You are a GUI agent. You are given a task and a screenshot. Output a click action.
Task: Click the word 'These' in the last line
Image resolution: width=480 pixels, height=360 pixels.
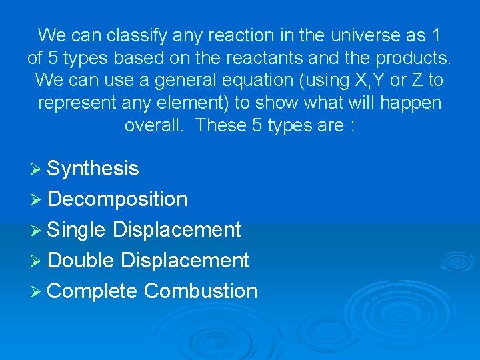(221, 125)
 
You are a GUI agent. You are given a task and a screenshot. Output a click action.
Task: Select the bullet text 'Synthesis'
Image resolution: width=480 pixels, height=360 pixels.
(93, 169)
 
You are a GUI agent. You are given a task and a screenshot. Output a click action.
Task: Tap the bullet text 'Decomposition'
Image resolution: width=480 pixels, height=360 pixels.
(117, 199)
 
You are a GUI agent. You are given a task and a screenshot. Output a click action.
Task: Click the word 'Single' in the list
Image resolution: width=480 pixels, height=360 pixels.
(77, 230)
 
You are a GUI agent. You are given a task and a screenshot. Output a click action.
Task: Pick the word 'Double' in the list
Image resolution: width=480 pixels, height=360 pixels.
(81, 261)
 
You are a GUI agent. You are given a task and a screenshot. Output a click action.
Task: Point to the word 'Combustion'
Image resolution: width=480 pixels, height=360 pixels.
(201, 291)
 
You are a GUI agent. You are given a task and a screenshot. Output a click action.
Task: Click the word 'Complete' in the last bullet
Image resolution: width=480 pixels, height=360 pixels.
(93, 291)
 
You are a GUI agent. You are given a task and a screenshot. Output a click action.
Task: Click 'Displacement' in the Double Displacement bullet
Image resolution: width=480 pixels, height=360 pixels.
(185, 261)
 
